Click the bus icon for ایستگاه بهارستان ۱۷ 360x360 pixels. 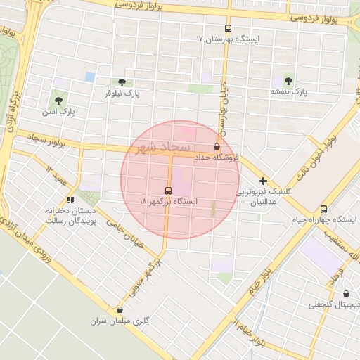[228, 29]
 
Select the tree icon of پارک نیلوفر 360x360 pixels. [122, 82]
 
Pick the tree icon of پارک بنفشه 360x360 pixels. [288, 81]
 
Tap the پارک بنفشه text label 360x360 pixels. [288, 92]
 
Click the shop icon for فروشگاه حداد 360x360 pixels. [216, 147]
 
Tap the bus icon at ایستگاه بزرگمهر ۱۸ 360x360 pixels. [168, 191]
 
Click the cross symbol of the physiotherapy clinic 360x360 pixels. [263, 181]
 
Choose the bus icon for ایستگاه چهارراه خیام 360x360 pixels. [323, 209]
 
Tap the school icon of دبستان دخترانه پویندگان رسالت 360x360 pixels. [70, 199]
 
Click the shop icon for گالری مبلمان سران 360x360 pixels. [119, 309]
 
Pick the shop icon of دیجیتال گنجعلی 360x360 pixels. [346, 293]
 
